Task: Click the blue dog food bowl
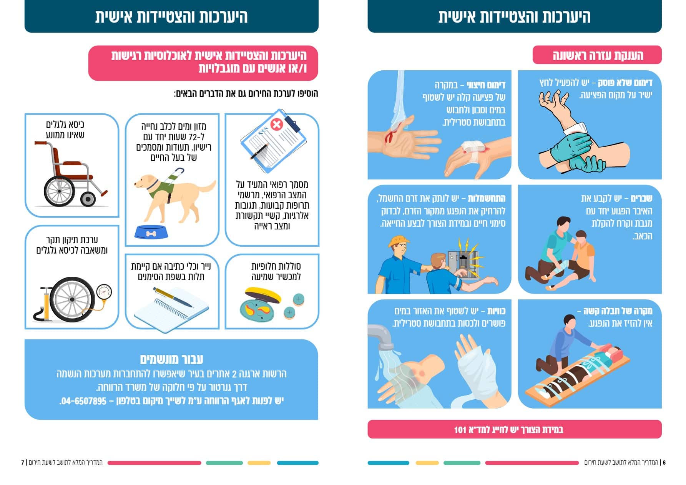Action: (151, 232)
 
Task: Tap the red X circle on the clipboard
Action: (276, 124)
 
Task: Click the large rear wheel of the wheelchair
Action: (59, 191)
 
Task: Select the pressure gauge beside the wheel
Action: (104, 292)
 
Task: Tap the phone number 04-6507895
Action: (83, 401)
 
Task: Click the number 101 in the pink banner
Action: (460, 429)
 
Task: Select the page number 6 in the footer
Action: (664, 462)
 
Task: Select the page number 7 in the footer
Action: (23, 462)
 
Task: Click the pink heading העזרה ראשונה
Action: (598, 55)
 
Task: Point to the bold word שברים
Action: (641, 198)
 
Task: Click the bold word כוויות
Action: (496, 311)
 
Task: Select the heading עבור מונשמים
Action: (171, 359)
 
